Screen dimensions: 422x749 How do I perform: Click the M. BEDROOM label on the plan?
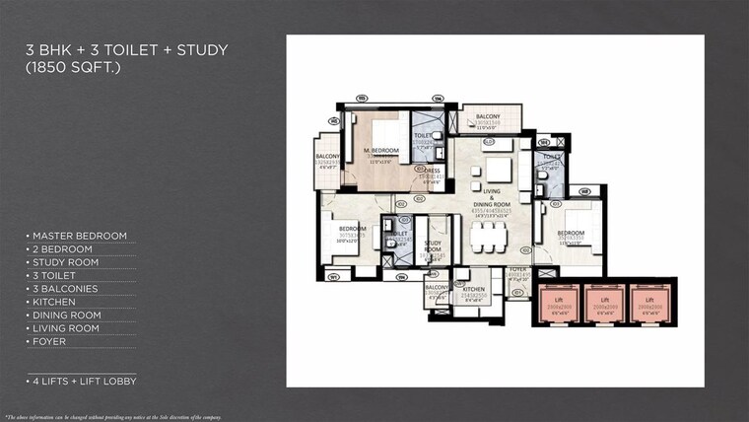tap(380, 150)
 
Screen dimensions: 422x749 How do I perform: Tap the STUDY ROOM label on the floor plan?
tap(433, 245)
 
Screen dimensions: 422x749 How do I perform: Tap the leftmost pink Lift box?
tap(559, 303)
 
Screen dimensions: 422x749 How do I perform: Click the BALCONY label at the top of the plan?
tap(488, 116)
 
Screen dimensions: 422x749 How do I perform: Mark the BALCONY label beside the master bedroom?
tap(328, 157)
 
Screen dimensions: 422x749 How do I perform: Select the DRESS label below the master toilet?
tap(432, 170)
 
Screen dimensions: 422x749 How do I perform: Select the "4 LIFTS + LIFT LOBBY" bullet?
tap(81, 381)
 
